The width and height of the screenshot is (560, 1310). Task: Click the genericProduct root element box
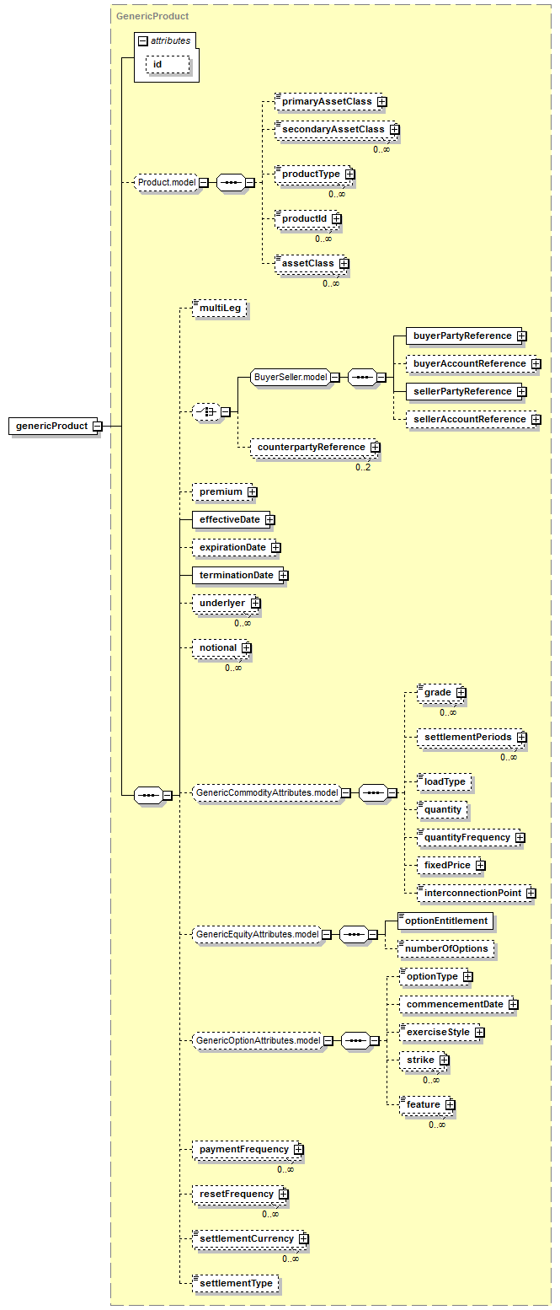click(52, 426)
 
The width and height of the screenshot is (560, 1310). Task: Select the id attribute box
click(168, 64)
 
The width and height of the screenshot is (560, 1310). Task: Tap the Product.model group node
click(167, 182)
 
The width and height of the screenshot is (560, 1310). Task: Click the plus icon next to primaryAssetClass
click(382, 102)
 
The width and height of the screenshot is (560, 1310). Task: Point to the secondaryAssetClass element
click(333, 129)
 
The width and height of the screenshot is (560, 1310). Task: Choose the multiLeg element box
click(220, 309)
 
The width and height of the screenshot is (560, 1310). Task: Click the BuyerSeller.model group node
click(291, 377)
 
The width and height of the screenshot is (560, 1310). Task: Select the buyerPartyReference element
click(462, 336)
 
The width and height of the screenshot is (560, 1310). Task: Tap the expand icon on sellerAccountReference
click(536, 419)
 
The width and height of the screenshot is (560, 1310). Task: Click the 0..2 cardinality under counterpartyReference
click(363, 467)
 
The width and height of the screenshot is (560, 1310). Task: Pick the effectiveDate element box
click(230, 519)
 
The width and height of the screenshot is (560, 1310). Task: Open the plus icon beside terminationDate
click(283, 576)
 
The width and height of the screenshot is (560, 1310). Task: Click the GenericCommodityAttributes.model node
click(267, 793)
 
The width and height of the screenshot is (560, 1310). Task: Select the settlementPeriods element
click(467, 737)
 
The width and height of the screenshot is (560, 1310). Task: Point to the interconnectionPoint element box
click(472, 893)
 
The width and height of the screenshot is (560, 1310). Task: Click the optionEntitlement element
click(446, 921)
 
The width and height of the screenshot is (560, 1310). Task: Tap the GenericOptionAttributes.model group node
click(258, 1040)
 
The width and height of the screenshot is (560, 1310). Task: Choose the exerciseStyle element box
click(438, 1032)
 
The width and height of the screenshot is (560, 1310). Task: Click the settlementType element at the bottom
click(236, 1283)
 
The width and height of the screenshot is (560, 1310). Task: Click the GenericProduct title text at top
click(152, 16)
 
